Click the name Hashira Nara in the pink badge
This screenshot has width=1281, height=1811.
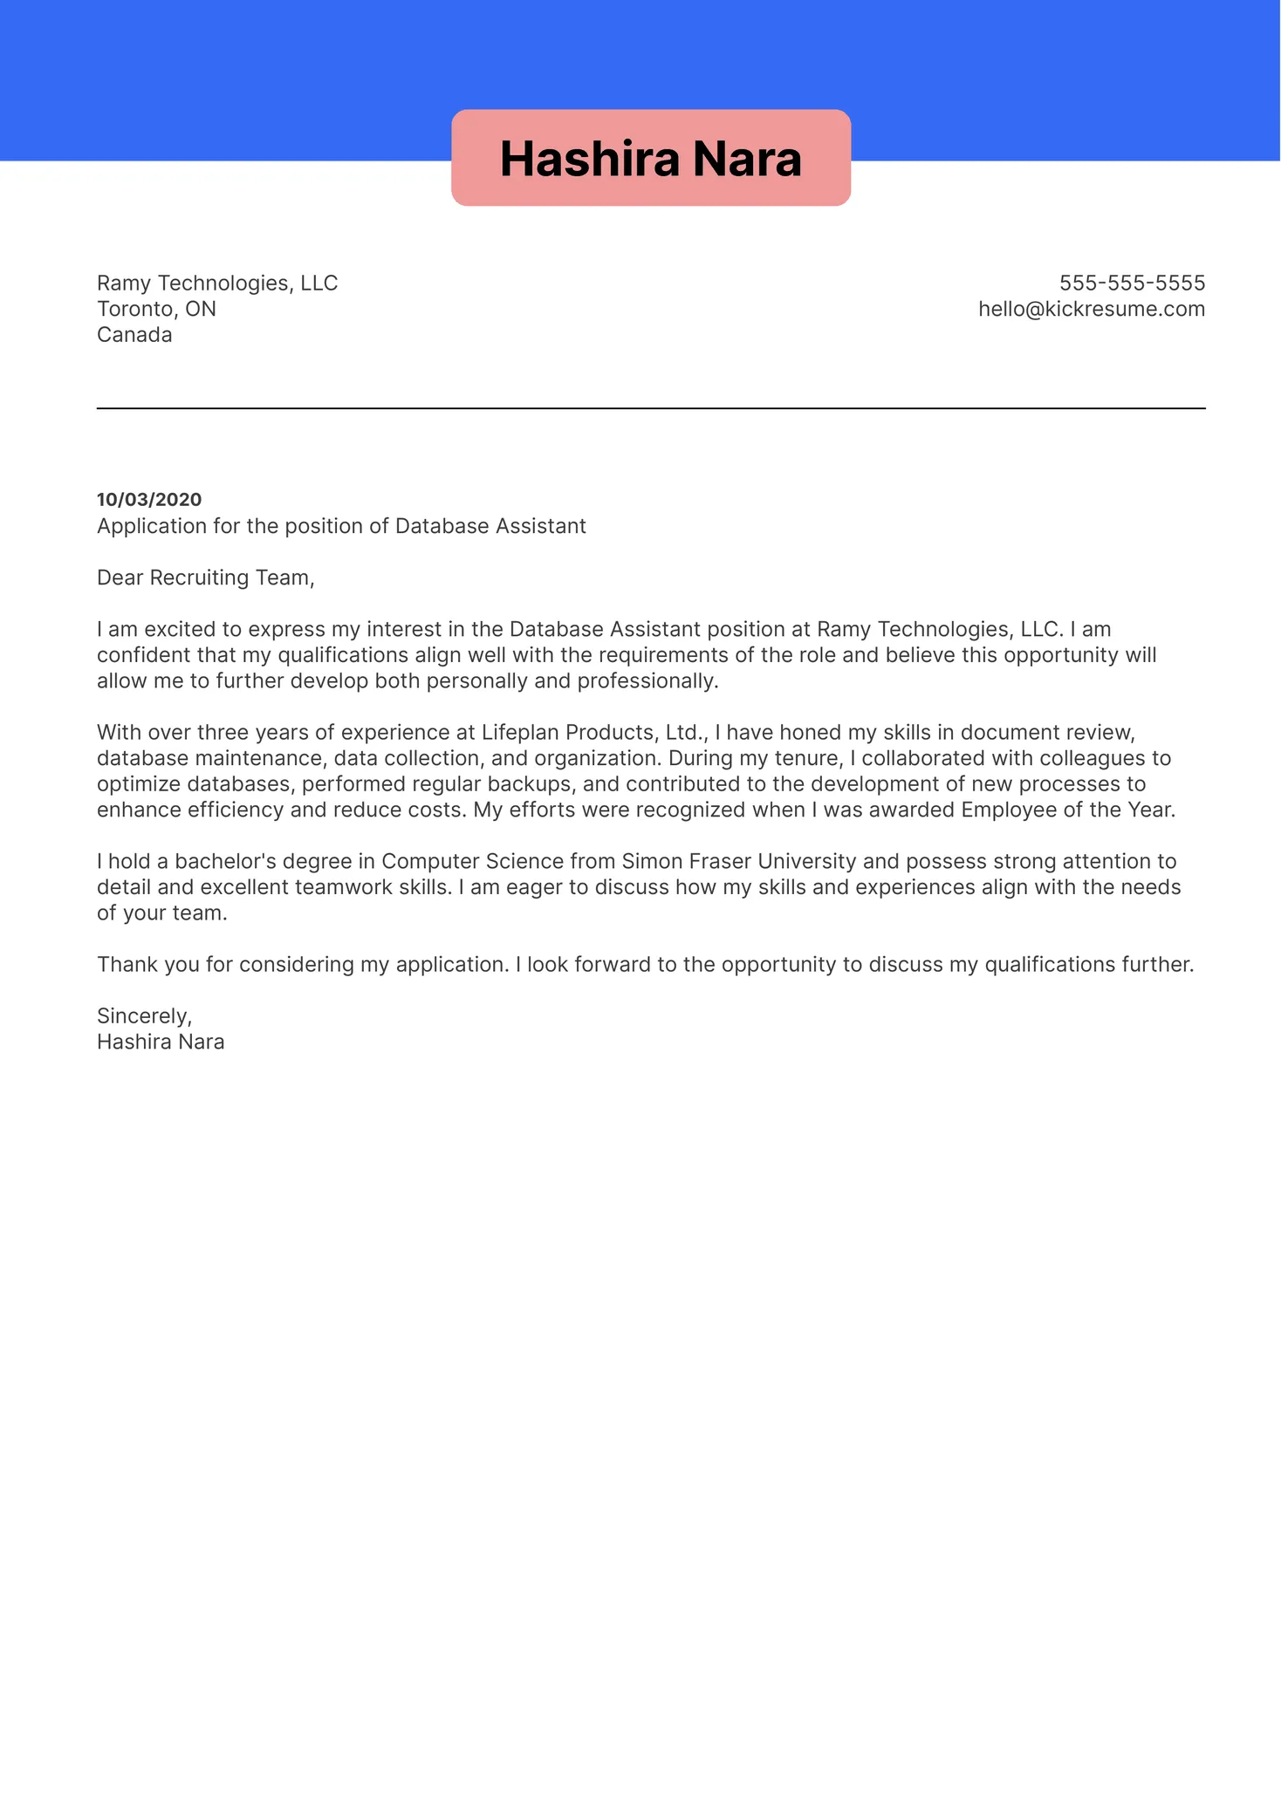point(650,159)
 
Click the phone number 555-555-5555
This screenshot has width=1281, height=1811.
point(1132,283)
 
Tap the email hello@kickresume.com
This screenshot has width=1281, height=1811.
point(1091,309)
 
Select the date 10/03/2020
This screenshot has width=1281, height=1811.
point(149,500)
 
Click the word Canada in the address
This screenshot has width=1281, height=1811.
point(134,335)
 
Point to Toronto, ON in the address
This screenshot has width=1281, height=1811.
point(156,309)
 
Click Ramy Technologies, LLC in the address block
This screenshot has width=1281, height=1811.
point(217,283)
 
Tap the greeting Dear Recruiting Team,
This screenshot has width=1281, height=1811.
point(205,577)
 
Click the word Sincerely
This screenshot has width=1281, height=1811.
point(144,1016)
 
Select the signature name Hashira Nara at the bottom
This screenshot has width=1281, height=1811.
point(161,1042)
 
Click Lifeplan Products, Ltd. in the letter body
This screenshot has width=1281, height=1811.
point(593,732)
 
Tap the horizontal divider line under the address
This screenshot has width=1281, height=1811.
point(650,408)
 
